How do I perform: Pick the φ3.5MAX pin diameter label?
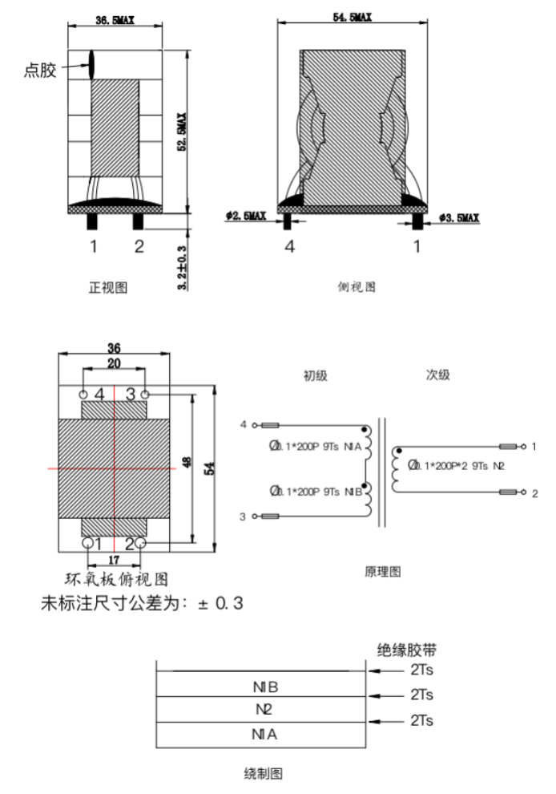(x=459, y=217)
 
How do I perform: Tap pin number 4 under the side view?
(x=290, y=247)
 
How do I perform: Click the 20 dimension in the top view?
(x=115, y=363)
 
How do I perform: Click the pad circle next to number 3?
(x=146, y=395)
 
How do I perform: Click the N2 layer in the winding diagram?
(x=264, y=710)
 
